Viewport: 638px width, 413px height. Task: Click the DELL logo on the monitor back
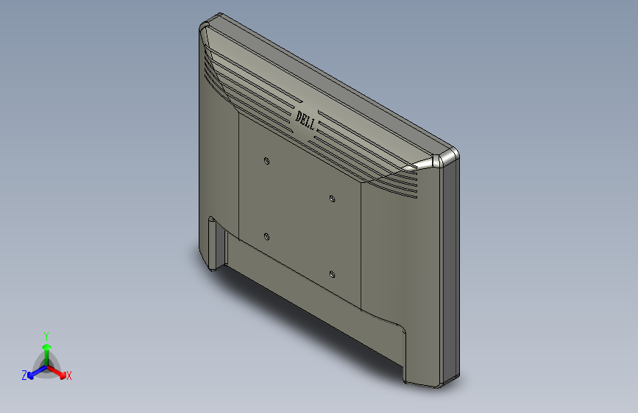306,119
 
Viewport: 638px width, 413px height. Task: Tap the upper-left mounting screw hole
266,159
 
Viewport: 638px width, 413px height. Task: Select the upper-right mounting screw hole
332,198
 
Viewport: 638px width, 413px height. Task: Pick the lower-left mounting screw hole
266,236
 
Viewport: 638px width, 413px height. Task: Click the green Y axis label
46,334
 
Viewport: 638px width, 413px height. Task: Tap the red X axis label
68,376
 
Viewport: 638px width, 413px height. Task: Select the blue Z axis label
24,376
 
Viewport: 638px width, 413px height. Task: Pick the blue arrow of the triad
34,372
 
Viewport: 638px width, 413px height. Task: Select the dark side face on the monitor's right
451,272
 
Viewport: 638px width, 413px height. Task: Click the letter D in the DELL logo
299,115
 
